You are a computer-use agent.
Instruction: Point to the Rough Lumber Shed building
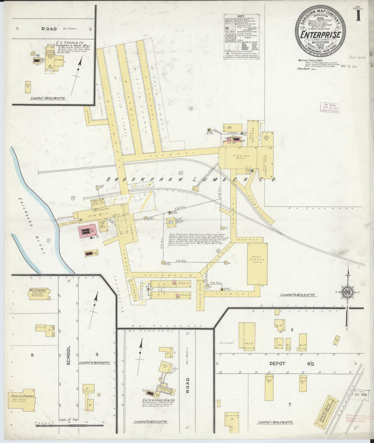click(x=257, y=264)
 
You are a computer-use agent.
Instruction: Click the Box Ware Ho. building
click(x=267, y=138)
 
